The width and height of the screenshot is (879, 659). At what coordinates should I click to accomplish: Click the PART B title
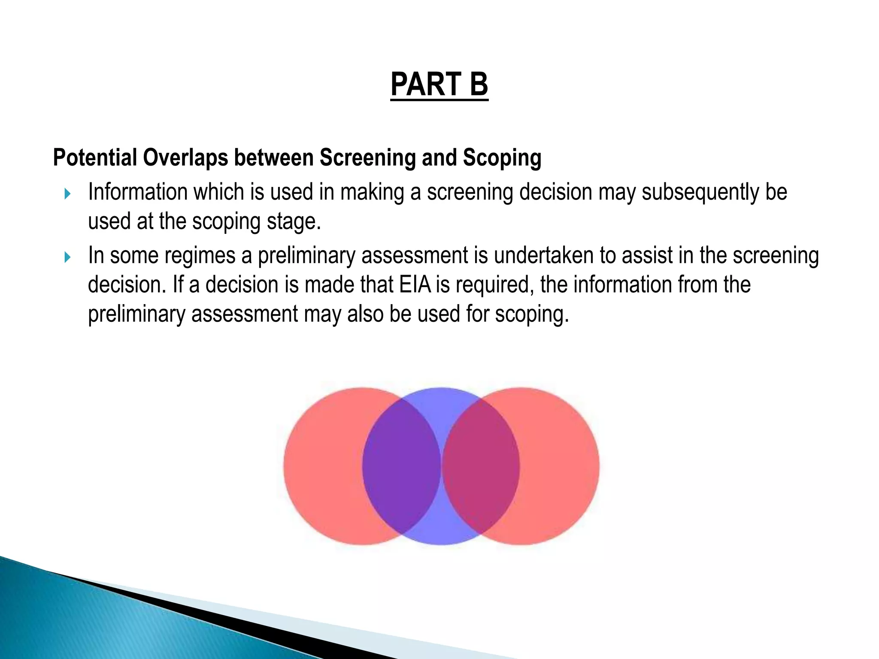click(439, 84)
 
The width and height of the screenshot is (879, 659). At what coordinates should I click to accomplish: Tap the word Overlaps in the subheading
click(185, 157)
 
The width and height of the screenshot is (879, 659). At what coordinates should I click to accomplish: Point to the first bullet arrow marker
click(67, 194)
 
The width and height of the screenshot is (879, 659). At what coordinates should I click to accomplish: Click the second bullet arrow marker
click(67, 257)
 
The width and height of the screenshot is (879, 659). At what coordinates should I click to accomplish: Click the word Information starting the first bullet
click(137, 192)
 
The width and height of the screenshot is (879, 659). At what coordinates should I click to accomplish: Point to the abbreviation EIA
click(415, 284)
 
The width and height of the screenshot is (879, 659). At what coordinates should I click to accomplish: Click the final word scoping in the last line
click(532, 314)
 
